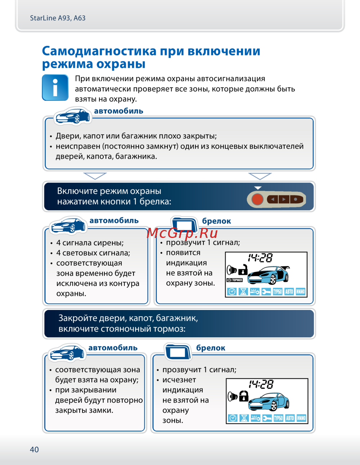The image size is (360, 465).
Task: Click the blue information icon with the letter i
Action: click(x=55, y=87)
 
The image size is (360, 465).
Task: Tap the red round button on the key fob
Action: click(x=257, y=199)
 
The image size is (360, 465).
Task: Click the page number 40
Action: click(x=34, y=450)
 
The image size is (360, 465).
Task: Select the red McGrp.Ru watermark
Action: click(x=182, y=233)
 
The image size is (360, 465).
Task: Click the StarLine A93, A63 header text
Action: click(x=58, y=18)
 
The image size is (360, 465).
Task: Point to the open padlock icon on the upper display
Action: click(x=243, y=269)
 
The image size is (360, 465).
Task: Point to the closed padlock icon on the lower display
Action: click(x=244, y=396)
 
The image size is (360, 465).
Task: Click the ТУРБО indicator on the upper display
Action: click(x=278, y=292)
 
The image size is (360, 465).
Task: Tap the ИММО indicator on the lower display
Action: click(x=301, y=418)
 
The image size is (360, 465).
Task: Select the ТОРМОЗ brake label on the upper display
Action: click(x=235, y=280)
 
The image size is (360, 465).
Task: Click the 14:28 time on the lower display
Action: click(x=261, y=384)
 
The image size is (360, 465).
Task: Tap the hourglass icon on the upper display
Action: click(x=243, y=292)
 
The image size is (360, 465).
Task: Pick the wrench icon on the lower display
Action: click(x=267, y=418)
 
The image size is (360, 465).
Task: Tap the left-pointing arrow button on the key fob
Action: click(x=273, y=199)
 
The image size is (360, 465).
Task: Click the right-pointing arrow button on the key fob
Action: click(x=284, y=199)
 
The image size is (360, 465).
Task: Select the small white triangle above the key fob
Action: click(x=258, y=188)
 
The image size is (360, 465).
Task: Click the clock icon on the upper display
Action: click(x=231, y=292)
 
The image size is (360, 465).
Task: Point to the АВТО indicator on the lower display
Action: click(x=290, y=418)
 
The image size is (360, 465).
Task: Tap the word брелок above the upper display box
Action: click(x=216, y=221)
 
